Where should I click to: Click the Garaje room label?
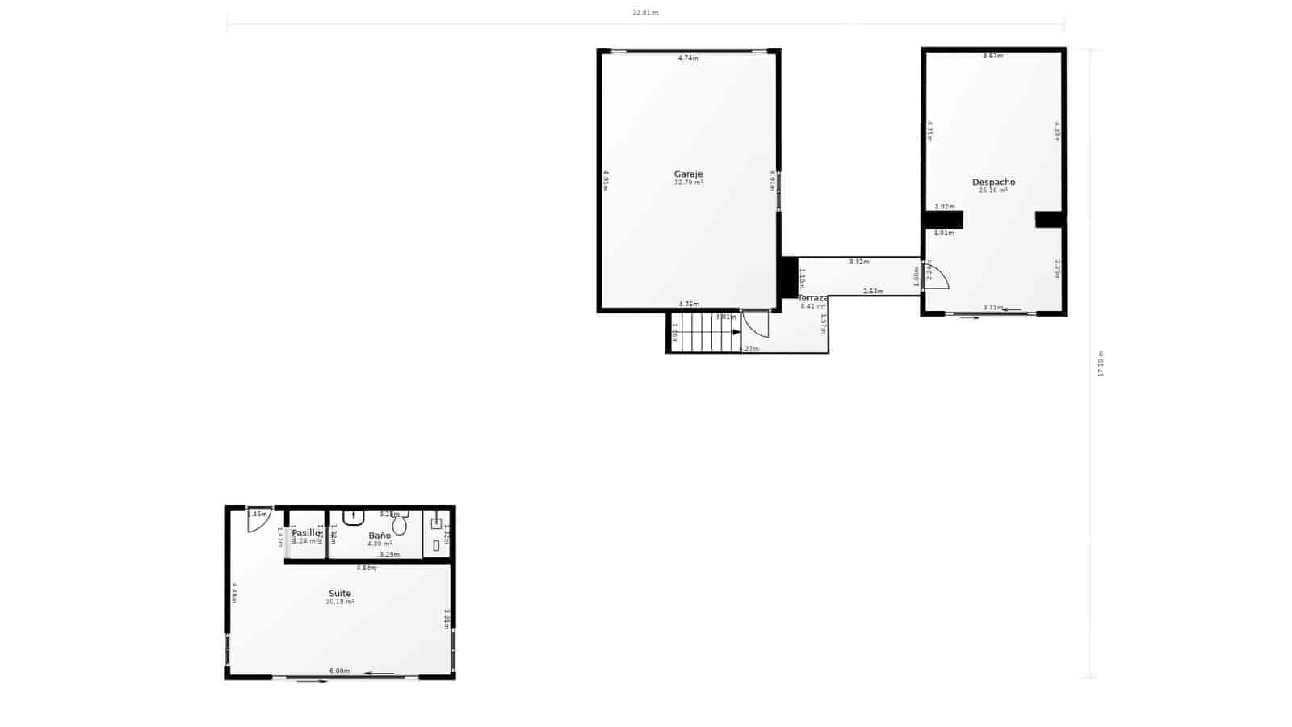click(x=688, y=174)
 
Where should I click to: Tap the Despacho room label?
click(x=993, y=182)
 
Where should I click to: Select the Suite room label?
click(x=339, y=594)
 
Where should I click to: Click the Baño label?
click(x=380, y=536)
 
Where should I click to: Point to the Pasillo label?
click(x=306, y=532)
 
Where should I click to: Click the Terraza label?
click(x=813, y=298)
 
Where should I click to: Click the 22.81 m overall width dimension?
click(x=644, y=13)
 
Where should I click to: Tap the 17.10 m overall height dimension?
click(x=1100, y=363)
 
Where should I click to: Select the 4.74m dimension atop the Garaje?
click(x=688, y=57)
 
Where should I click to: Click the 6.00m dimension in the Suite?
click(x=339, y=671)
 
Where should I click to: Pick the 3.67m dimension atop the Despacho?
click(x=992, y=56)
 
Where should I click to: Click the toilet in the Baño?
click(x=400, y=526)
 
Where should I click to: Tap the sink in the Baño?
click(x=354, y=516)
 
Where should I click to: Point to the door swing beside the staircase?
click(x=755, y=324)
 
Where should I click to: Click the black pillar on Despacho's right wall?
click(x=1049, y=219)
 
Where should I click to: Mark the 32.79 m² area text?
click(x=688, y=183)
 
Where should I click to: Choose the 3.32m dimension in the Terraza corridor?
click(x=859, y=262)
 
